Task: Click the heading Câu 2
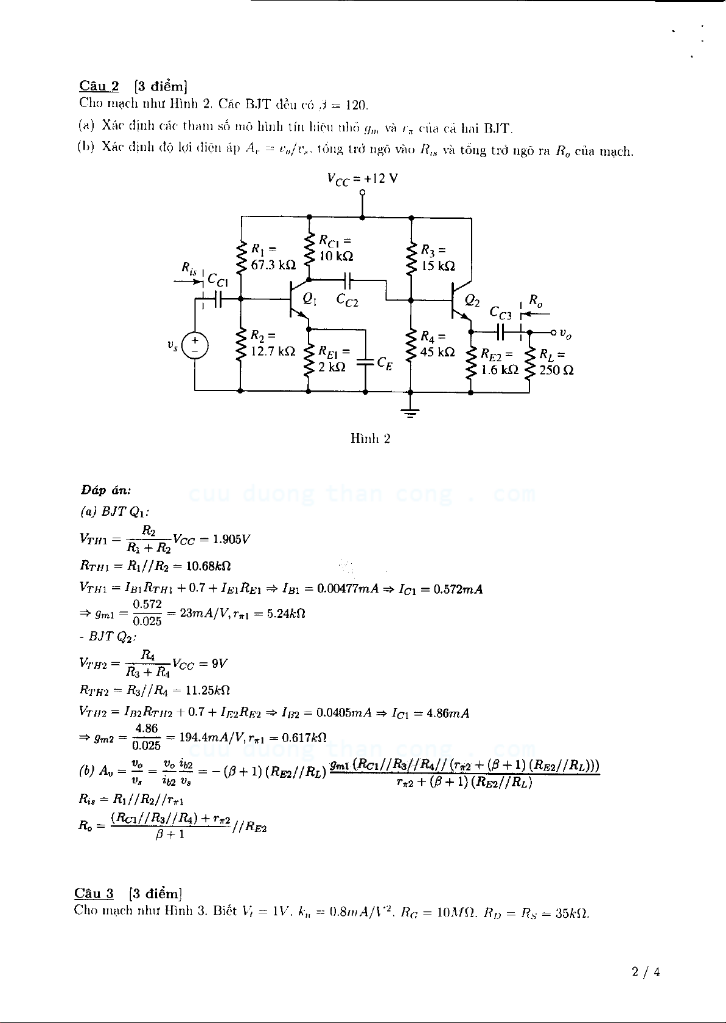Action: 99,86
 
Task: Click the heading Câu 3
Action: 94,893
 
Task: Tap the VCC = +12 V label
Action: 362,179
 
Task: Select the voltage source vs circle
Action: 195,346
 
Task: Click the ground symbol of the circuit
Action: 411,413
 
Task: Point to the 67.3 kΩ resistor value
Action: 273,265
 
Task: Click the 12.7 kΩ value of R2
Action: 273,352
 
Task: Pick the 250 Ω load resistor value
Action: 556,370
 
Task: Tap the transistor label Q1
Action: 310,299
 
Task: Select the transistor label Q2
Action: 472,300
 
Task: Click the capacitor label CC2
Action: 347,300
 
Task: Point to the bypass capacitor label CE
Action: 385,363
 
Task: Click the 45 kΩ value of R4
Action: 438,352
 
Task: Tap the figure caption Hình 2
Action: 370,439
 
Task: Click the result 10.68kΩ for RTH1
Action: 208,566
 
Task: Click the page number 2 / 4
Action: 646,972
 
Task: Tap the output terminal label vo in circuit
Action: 565,334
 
